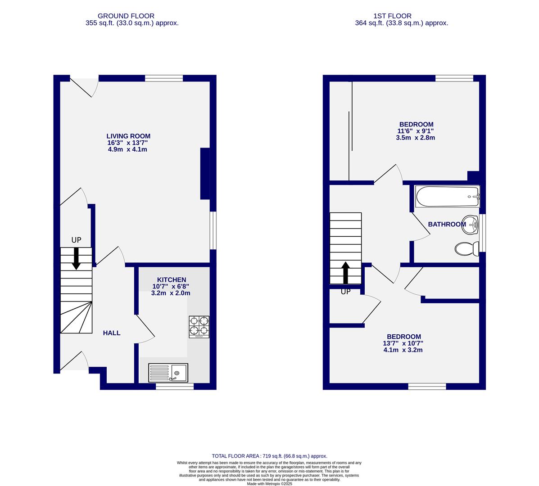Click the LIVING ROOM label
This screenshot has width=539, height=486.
[x=128, y=136]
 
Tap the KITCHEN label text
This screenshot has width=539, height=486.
[x=171, y=280]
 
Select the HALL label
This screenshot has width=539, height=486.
[x=112, y=333]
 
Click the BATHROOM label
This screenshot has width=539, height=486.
[x=447, y=224]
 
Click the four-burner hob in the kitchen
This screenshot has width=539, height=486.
[x=199, y=326]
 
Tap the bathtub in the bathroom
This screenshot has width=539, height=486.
[x=448, y=197]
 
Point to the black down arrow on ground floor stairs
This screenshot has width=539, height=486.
[x=76, y=258]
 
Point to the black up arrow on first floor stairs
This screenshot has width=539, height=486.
[x=345, y=273]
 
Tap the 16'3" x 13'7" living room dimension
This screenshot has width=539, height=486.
[x=127, y=143]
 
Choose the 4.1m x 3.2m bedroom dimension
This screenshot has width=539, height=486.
[x=403, y=350]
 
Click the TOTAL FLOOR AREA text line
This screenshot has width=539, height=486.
[x=269, y=456]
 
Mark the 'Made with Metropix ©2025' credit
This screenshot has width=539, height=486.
[x=270, y=484]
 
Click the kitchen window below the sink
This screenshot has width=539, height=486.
[x=175, y=386]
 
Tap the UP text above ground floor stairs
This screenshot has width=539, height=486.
[x=76, y=240]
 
